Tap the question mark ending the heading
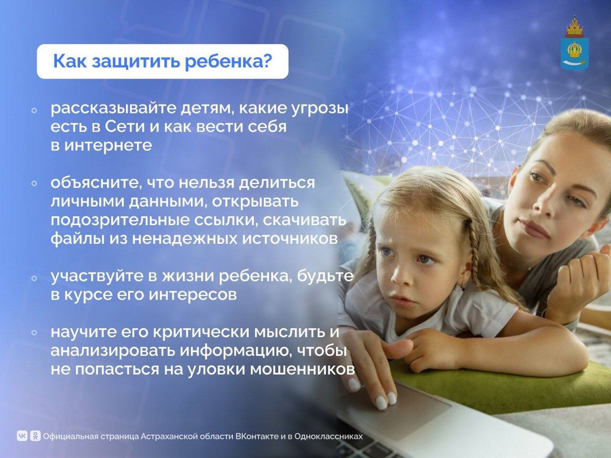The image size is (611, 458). click(266, 61)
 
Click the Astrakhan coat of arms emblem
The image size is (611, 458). click(575, 46)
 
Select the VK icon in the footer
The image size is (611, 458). click(22, 436)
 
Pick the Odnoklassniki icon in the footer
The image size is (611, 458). click(35, 436)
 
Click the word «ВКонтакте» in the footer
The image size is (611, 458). click(257, 436)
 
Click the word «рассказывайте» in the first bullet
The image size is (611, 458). click(114, 109)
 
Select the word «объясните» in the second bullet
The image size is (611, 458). click(95, 183)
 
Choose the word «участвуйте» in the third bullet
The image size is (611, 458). click(97, 277)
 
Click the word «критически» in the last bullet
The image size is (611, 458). click(201, 333)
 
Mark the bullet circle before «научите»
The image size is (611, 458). click(34, 333)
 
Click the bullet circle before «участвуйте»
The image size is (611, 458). click(34, 278)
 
